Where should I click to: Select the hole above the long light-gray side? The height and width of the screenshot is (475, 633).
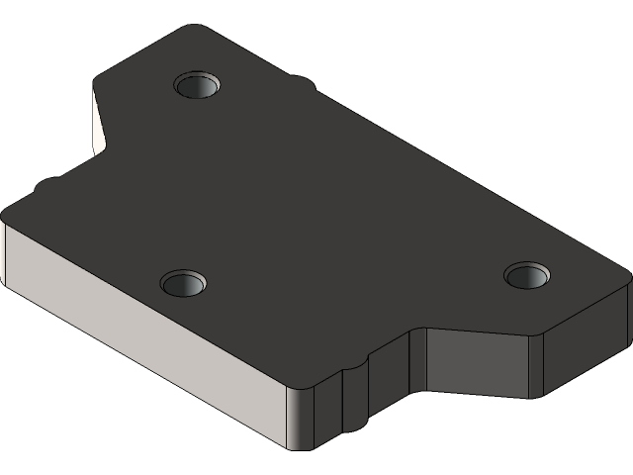coord(184,284)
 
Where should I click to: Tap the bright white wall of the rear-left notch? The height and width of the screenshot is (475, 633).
coord(98,125)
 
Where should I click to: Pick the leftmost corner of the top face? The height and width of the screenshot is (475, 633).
coord(8,213)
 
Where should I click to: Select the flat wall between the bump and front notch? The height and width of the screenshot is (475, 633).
coord(392,381)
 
